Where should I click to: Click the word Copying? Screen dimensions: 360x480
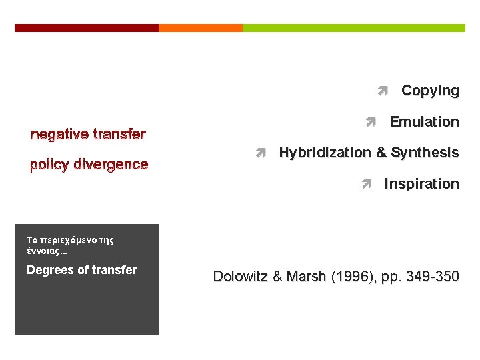click(x=430, y=91)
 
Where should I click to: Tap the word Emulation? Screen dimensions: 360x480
click(x=424, y=122)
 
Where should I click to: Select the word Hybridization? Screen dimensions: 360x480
click(x=325, y=153)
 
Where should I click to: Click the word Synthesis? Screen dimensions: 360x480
click(x=425, y=153)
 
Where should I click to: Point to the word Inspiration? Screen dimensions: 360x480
click(x=421, y=183)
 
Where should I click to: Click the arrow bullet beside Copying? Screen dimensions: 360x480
click(x=382, y=91)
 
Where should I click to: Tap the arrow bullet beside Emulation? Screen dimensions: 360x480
click(x=371, y=122)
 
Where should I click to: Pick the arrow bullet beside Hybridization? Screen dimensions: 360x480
click(x=261, y=153)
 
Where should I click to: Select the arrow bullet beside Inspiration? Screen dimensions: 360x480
click(x=365, y=183)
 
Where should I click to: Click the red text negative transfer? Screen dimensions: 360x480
click(x=88, y=135)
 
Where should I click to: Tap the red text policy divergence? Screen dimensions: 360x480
click(x=89, y=165)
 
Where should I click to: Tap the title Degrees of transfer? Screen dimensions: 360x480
click(x=81, y=270)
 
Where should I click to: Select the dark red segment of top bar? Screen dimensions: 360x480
click(x=87, y=28)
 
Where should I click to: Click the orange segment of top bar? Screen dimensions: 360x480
click(x=201, y=28)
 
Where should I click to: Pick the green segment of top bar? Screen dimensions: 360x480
click(x=354, y=28)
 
